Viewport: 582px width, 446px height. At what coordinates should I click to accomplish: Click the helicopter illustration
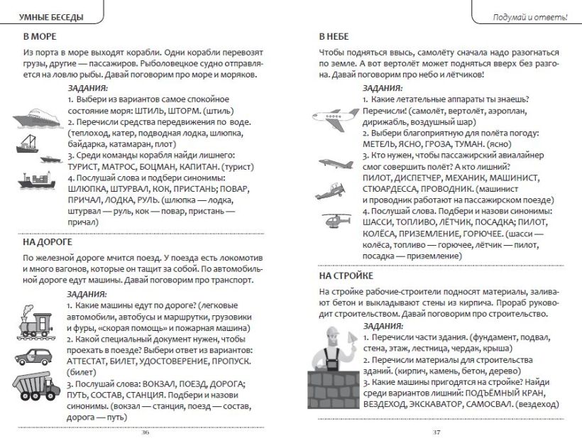(x=334, y=221)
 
